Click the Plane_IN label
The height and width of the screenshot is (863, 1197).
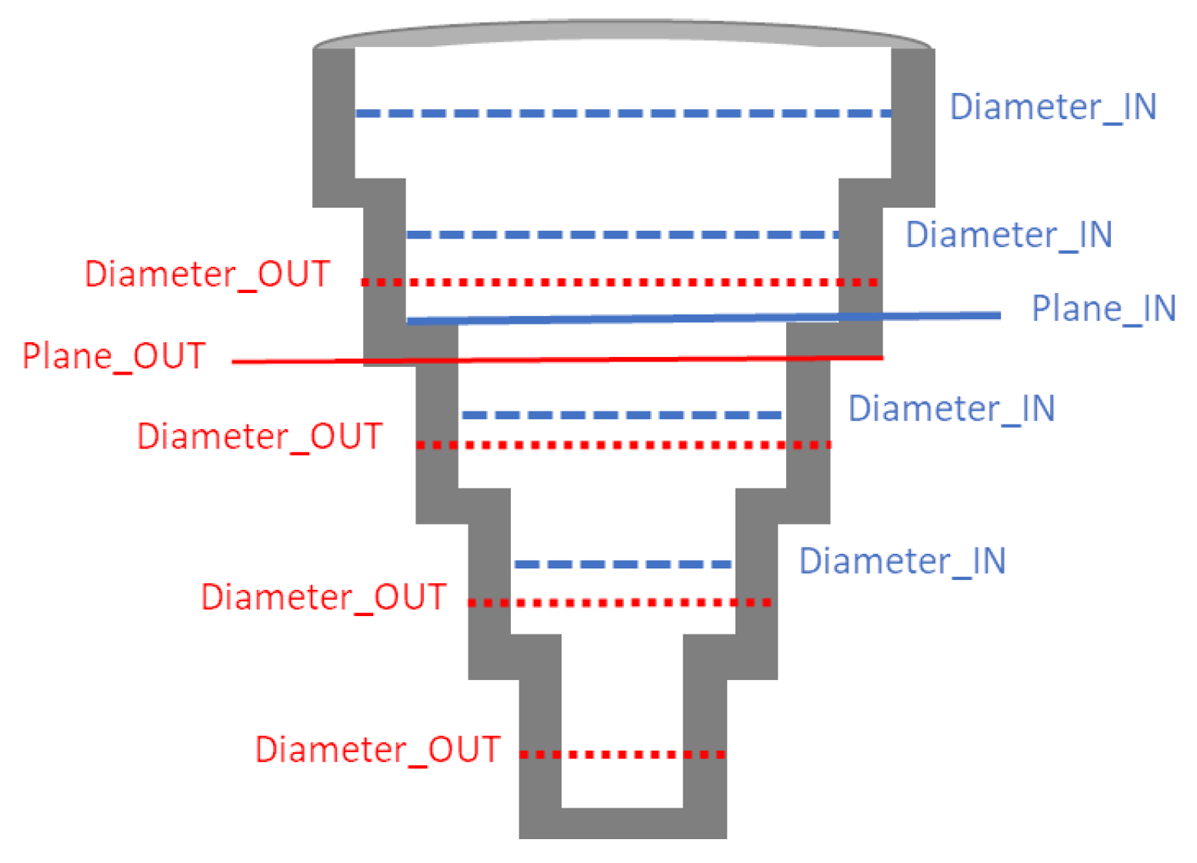1103,309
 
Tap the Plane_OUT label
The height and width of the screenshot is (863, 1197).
114,357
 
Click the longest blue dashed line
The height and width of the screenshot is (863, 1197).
623,113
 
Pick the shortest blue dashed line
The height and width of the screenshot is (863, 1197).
623,565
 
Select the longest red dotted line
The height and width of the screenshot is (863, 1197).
620,282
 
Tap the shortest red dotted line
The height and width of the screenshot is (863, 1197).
622,755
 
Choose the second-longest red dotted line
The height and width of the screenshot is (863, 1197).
623,445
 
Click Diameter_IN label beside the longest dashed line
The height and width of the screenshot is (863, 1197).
1053,108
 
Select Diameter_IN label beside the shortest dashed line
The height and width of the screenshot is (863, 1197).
902,561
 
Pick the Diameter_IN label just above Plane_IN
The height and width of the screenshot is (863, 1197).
1009,235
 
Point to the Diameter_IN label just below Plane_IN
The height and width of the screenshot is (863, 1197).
952,409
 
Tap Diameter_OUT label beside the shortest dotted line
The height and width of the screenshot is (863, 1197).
378,750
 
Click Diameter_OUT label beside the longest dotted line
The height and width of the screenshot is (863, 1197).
207,275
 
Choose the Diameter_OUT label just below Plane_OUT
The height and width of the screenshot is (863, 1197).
260,437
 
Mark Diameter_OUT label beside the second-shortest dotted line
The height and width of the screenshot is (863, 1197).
324,598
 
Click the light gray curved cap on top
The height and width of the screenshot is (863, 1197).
623,32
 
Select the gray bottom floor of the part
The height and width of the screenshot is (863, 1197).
622,823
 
